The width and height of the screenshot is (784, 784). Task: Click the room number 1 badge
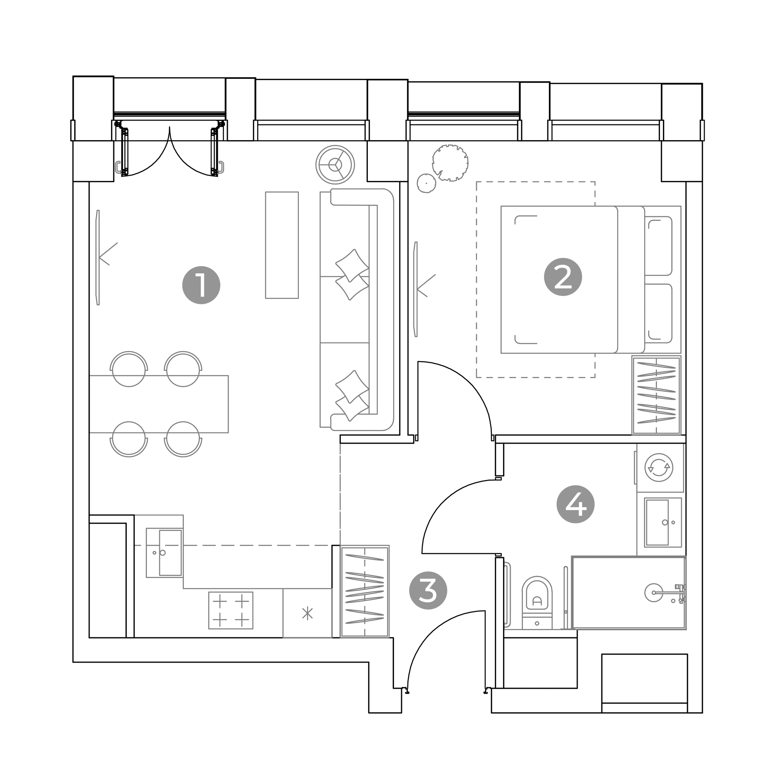click(x=201, y=285)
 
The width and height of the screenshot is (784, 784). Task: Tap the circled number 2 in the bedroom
click(x=563, y=277)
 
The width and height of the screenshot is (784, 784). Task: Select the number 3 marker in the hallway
click(x=428, y=590)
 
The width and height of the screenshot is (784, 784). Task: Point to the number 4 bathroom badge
click(x=575, y=505)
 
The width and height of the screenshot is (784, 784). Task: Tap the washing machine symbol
click(x=659, y=467)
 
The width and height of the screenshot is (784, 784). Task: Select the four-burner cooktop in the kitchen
click(x=231, y=610)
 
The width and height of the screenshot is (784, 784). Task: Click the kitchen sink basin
click(x=170, y=553)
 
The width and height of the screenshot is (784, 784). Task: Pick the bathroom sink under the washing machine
click(x=663, y=523)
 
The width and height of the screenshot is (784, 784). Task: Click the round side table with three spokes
click(x=335, y=165)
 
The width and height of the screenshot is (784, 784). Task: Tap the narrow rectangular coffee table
click(x=282, y=245)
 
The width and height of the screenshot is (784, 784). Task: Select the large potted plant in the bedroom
click(x=450, y=163)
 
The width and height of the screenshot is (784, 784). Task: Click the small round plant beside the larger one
click(x=426, y=183)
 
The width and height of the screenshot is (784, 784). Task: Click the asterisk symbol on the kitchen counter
click(x=308, y=613)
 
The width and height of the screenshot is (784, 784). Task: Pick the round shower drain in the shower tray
click(x=654, y=593)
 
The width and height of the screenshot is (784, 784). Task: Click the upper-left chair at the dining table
click(x=129, y=369)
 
